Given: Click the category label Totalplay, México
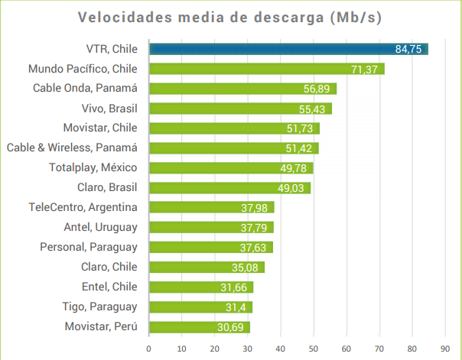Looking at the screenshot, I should tap(93, 167).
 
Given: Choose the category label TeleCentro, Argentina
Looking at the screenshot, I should tap(83, 207).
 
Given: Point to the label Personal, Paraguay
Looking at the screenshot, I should tap(89, 247).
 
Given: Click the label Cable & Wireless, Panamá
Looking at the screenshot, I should tap(71, 148).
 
